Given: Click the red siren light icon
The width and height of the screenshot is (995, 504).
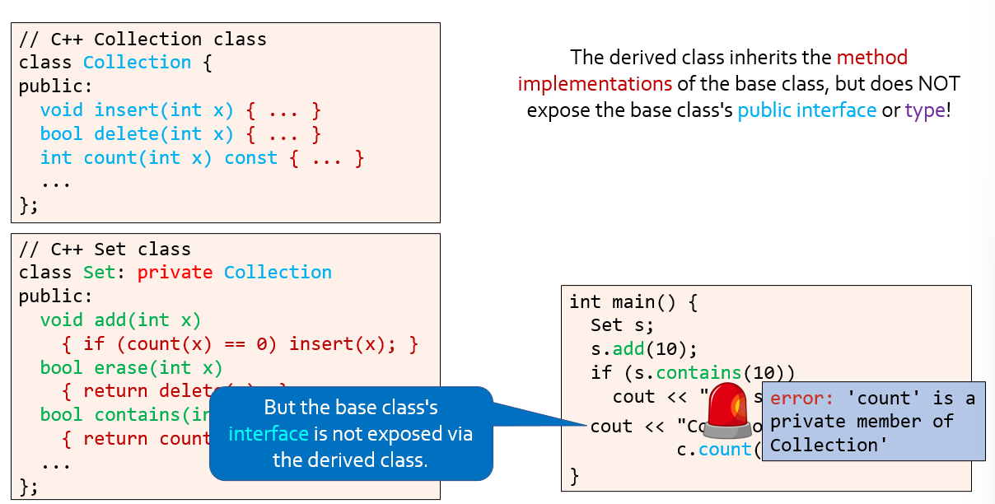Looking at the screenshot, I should [x=727, y=409].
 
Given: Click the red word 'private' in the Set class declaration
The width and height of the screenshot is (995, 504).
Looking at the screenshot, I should [x=175, y=273].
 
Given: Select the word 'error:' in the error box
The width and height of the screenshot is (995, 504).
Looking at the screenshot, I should [x=796, y=399].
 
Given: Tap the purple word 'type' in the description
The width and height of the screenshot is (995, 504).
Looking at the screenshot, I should [x=925, y=110].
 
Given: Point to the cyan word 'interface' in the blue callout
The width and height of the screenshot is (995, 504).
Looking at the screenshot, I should [x=269, y=434].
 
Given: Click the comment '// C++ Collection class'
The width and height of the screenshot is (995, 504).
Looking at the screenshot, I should [x=142, y=40].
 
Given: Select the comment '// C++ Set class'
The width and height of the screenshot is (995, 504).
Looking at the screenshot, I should [x=105, y=250].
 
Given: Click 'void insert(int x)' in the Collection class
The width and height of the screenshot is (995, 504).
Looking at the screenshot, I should [x=137, y=110].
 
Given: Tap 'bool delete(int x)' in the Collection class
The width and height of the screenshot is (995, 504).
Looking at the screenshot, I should [x=137, y=134].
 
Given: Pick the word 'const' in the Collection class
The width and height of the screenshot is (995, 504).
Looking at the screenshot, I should [x=250, y=158].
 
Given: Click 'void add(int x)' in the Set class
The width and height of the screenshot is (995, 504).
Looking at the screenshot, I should [x=120, y=320].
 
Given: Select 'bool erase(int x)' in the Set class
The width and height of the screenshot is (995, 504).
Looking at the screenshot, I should [x=132, y=368].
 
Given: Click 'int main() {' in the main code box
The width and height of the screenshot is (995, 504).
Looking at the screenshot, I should [x=633, y=302].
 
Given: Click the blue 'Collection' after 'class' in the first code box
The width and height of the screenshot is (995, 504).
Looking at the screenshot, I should [x=137, y=63].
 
